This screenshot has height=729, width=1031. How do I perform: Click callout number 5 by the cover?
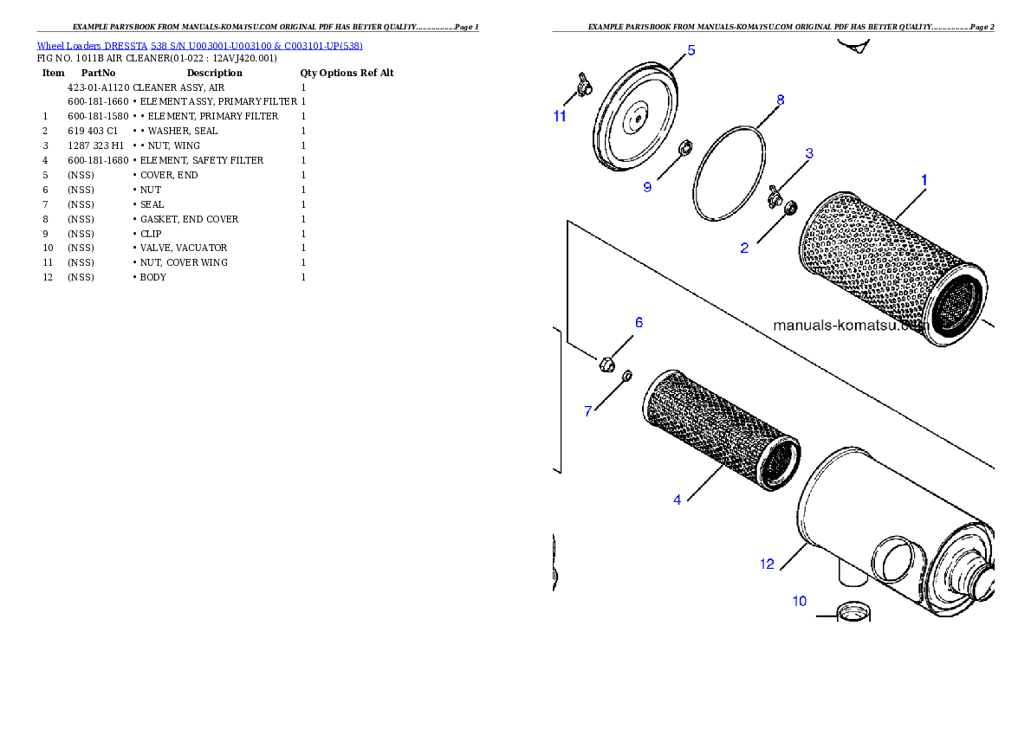coord(691,50)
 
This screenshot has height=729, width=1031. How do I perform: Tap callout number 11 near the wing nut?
coord(561,116)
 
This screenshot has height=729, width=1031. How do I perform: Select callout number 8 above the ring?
coord(780,100)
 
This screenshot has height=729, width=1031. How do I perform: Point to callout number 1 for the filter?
coord(924,180)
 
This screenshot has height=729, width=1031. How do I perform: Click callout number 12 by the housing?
coord(768,564)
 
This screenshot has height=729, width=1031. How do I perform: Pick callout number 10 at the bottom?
coord(800,601)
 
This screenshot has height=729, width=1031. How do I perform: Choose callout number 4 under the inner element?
coord(678,500)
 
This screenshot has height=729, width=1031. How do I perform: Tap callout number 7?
coord(588,411)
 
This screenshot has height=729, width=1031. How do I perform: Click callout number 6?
coord(639,323)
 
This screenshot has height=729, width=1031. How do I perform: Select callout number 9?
coord(647,187)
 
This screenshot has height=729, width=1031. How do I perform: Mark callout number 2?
coord(744,248)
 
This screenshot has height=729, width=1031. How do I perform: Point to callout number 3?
coord(809,154)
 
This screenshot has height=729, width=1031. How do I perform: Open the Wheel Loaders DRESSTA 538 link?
coord(199,46)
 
